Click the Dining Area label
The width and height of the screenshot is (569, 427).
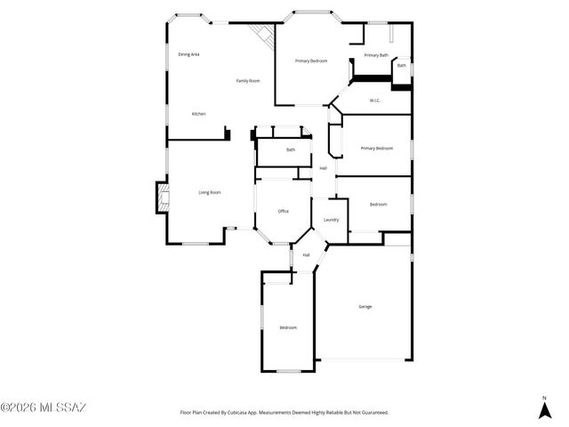pos(188,54)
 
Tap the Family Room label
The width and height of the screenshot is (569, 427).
pos(247,81)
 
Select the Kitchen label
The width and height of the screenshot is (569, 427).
pos(199,114)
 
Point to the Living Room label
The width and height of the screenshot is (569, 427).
pos(209,192)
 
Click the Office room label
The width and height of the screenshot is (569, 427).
pos(283,211)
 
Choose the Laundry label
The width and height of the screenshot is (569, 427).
pos(331,220)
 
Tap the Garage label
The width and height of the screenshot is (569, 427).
pos(365,306)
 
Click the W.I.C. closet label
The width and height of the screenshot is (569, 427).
pos(375,101)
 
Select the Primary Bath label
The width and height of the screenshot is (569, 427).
pos(376,55)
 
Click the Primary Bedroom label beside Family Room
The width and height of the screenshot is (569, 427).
pos(311,60)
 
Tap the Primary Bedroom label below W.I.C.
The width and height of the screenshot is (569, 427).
pos(376,148)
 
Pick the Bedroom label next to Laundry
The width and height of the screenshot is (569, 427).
pos(378,204)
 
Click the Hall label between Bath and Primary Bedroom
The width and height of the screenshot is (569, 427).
pos(323,167)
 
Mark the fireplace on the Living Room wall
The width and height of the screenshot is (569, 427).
pos(161,197)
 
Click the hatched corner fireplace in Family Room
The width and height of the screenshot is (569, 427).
pos(262,36)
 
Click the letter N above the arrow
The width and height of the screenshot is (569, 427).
pos(544,397)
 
